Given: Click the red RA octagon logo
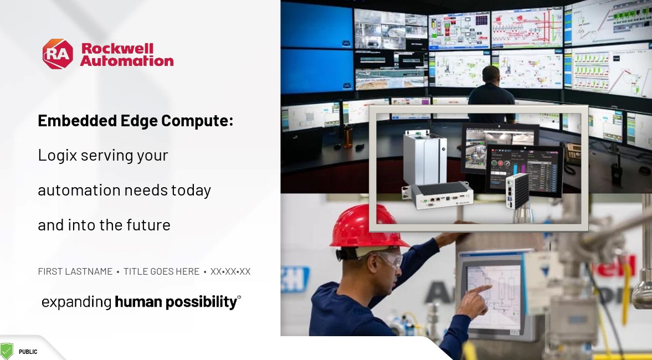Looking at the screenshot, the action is pyautogui.click(x=58, y=54).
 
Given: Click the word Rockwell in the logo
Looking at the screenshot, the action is pyautogui.click(x=117, y=48).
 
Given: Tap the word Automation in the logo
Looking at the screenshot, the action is pyautogui.click(x=127, y=61).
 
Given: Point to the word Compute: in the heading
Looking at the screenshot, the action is pyautogui.click(x=197, y=121).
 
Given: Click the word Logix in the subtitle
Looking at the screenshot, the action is pyautogui.click(x=58, y=156).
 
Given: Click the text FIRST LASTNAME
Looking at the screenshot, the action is pyautogui.click(x=75, y=271).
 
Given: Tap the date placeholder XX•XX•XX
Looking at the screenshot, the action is pyautogui.click(x=230, y=271).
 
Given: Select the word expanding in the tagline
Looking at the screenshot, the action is pyautogui.click(x=76, y=302).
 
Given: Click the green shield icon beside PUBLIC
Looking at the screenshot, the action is pyautogui.click(x=6, y=351).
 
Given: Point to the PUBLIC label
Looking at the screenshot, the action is pyautogui.click(x=28, y=352).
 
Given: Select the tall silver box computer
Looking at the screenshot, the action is pyautogui.click(x=424, y=157).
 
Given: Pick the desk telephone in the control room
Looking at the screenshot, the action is pyautogui.click(x=572, y=153).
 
